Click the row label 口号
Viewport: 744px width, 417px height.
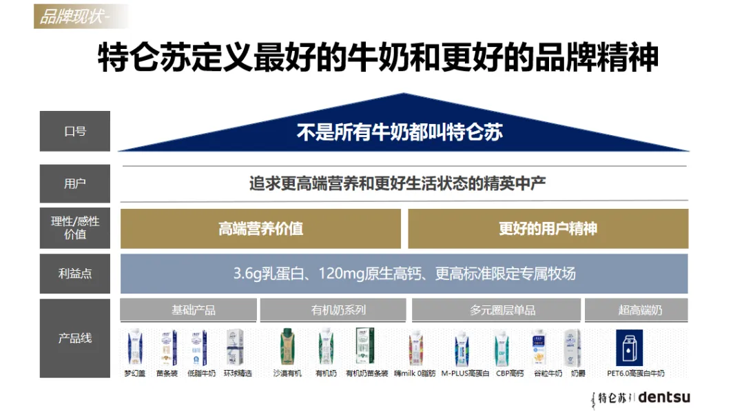75,131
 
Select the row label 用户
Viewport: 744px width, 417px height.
75,184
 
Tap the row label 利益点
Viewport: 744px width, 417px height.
75,274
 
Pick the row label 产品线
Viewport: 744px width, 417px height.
75,338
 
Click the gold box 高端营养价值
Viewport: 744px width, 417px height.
260,229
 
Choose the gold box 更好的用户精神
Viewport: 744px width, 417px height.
548,229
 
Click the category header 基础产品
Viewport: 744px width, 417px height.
188,310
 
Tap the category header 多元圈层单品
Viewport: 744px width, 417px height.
496,310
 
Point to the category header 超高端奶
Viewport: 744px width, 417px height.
636,310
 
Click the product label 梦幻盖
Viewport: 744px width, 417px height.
135,374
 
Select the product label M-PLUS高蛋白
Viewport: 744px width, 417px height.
465,374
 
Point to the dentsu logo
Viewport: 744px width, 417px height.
664,397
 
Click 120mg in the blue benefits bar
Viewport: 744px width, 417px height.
342,274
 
